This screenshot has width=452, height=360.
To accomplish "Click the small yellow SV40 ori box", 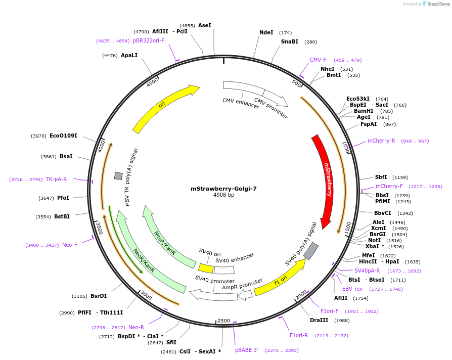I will [x=205, y=268].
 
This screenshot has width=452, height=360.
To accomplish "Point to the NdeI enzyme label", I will [x=266, y=33].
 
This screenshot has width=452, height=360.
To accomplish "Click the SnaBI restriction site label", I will [x=290, y=42].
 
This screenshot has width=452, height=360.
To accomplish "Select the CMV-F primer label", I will [x=318, y=60].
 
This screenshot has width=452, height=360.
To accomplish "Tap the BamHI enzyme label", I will [x=364, y=111].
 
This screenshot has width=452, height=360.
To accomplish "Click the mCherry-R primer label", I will [x=381, y=141].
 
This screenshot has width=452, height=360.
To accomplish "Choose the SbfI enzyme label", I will [x=381, y=177].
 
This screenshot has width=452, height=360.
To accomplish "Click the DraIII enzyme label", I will [x=319, y=320].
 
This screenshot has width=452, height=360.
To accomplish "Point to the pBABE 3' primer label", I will [x=247, y=350].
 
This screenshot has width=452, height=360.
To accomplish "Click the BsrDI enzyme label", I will [x=99, y=296].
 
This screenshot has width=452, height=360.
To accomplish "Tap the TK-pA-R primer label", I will [x=56, y=179].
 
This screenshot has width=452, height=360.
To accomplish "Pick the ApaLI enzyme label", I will [x=129, y=55].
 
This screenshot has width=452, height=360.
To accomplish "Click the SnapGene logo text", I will [x=438, y=4].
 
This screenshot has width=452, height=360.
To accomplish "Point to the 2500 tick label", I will [x=223, y=321].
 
